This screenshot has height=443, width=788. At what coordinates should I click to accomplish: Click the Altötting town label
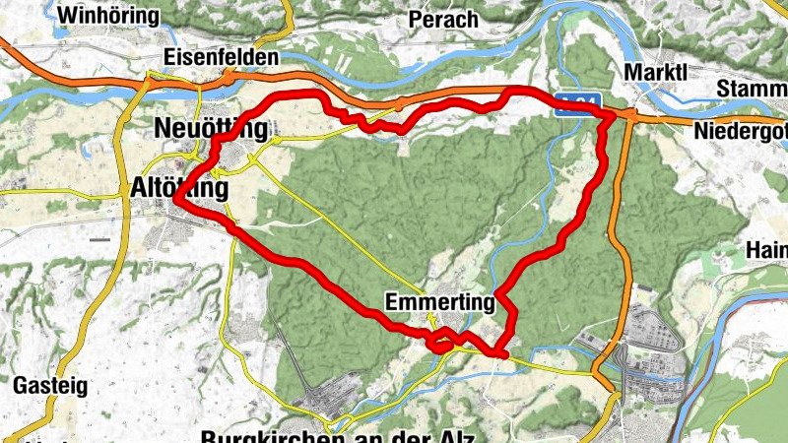[179, 188]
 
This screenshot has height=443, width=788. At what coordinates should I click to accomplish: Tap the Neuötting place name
[211, 128]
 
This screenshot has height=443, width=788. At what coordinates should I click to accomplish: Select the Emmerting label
[439, 304]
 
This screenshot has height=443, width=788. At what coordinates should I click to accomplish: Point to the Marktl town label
[653, 73]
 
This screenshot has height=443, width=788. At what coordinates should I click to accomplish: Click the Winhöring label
[108, 16]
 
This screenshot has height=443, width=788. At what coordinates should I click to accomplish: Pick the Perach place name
[445, 20]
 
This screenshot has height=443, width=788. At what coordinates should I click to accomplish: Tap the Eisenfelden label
[222, 58]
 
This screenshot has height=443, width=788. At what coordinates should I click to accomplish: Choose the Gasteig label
[46, 384]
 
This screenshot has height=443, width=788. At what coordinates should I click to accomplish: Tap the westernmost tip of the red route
[175, 200]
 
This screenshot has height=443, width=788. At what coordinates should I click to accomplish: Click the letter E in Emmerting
[394, 304]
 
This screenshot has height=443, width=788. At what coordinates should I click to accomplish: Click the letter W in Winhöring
[67, 16]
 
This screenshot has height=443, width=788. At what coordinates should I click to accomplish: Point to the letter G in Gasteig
[20, 384]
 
